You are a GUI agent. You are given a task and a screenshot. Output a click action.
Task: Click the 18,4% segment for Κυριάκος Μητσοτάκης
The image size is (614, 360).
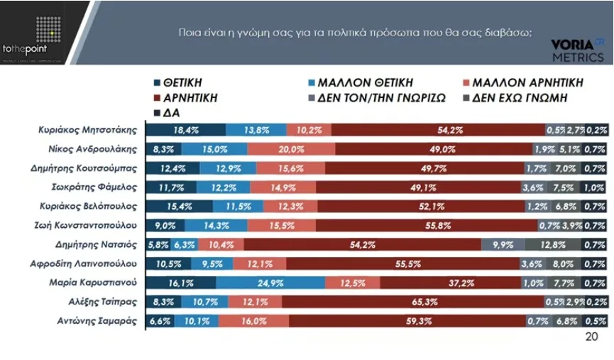click(186, 129)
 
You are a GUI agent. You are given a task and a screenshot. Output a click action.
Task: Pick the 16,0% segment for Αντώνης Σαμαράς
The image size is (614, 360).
click(253, 321)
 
